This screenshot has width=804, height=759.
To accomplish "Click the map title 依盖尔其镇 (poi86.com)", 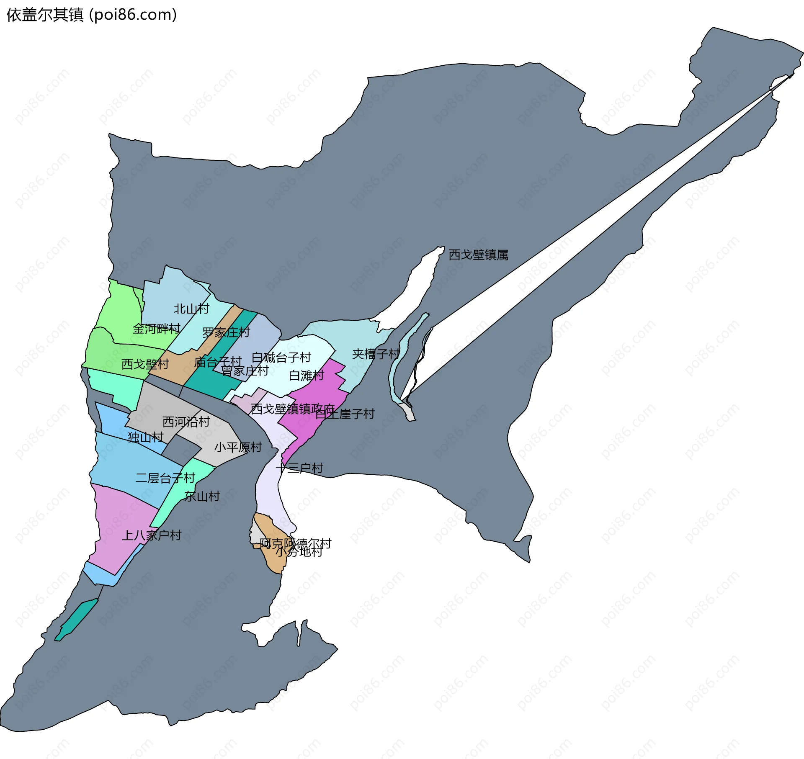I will point(92,15).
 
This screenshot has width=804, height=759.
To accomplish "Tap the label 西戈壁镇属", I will point(478,255).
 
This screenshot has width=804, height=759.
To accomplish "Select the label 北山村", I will point(191,309).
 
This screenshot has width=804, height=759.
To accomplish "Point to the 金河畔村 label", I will point(156,329).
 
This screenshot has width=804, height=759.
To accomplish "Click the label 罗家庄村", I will point(226,333).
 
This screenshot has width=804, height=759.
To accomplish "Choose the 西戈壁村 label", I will point(145,364).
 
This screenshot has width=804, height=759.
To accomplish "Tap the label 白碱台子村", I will point(281,358).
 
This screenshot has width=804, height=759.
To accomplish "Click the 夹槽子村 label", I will point(376,354).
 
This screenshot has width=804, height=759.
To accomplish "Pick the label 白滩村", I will point(307,376).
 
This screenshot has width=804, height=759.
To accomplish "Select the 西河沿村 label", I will point(186,422).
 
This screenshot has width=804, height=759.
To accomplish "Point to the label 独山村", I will point(145,437).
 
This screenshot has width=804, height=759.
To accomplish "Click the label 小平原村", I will point(238,447).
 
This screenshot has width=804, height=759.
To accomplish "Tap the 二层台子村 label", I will point(165,478).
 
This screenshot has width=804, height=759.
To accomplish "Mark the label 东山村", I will point(202,497).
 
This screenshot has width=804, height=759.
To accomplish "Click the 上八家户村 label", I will point(152,535).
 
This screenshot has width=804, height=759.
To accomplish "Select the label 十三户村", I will point(299,468).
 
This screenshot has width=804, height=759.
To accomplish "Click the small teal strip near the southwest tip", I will point(77,620).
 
